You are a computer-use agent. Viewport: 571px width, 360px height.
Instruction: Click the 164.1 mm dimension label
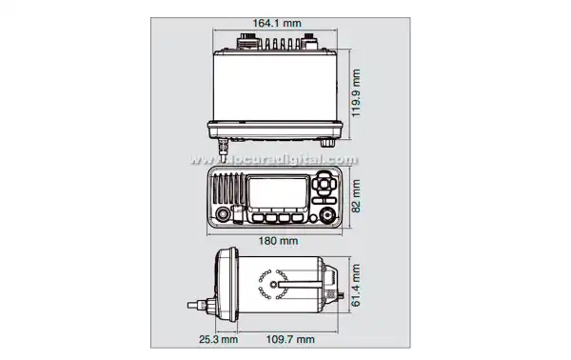pos(277,23)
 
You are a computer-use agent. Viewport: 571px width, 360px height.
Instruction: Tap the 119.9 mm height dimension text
pos(356,93)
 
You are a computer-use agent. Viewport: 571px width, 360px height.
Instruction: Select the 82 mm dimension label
pos(356,196)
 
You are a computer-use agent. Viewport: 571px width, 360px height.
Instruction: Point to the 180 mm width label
pos(278,241)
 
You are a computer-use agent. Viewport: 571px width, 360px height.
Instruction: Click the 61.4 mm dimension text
pos(356,286)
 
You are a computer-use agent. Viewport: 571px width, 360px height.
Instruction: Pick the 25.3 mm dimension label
pos(219,340)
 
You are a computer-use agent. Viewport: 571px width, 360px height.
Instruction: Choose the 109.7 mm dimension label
pos(290,340)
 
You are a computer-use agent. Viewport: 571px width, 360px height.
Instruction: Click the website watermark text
pos(274,160)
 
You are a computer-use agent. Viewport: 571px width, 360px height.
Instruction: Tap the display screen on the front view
pos(278,192)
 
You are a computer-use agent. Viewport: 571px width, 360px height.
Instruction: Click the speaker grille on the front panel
pos(227,189)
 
